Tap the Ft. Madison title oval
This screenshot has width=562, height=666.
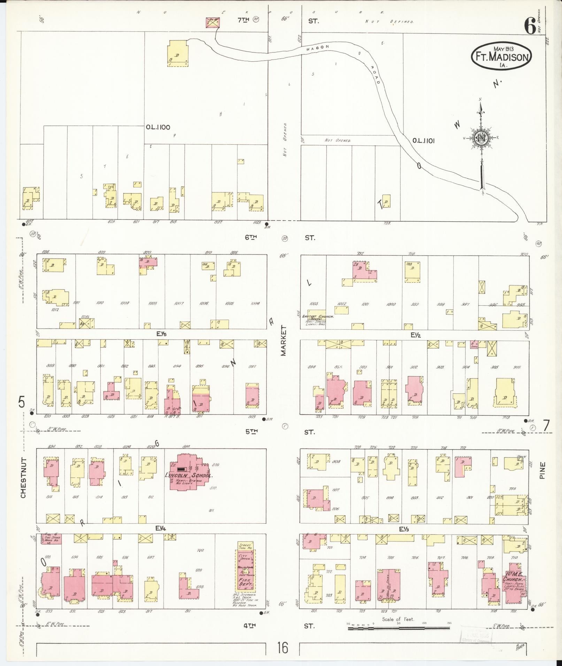point(502,56)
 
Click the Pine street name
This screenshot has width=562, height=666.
point(542,470)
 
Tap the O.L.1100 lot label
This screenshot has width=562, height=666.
point(158,127)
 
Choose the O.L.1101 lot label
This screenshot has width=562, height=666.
point(423,141)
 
